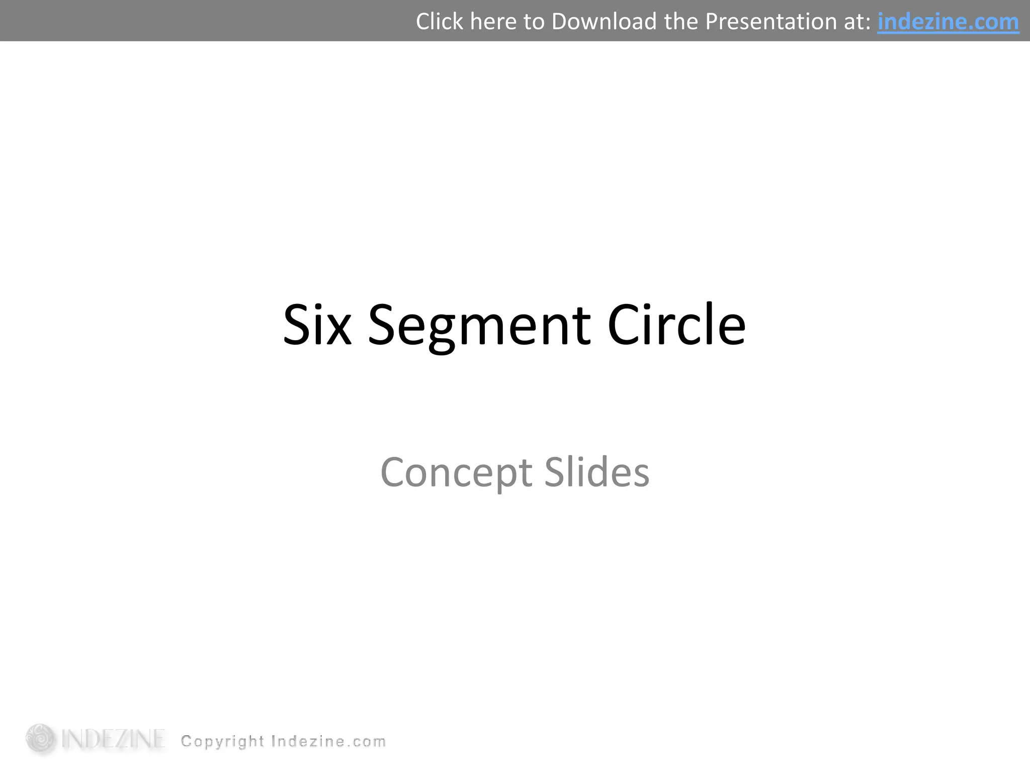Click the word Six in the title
click(317, 326)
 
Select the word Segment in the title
click(479, 326)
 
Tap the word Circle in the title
click(676, 326)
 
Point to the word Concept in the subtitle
click(456, 473)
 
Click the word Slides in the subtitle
click(596, 473)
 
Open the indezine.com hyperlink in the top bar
click(948, 22)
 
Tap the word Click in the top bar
click(439, 22)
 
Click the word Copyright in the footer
click(222, 742)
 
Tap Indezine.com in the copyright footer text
click(328, 741)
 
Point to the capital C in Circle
click(624, 326)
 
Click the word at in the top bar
click(857, 22)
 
